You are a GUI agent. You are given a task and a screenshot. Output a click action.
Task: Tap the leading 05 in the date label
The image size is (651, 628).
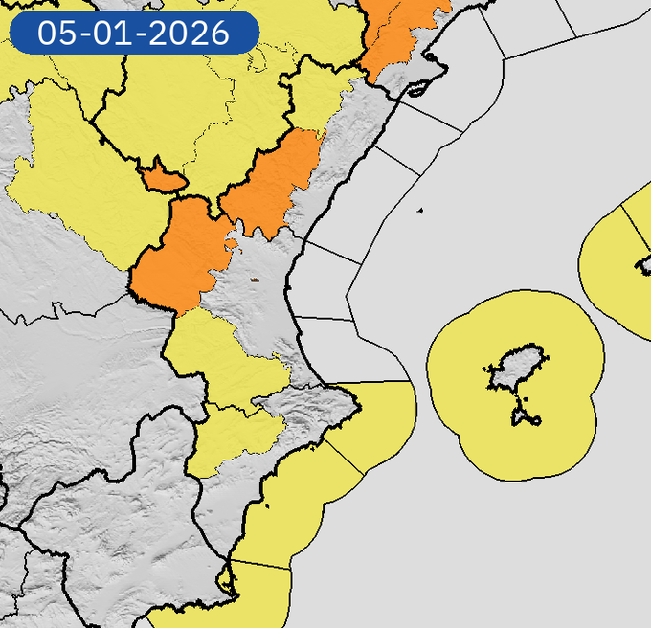tap(55, 34)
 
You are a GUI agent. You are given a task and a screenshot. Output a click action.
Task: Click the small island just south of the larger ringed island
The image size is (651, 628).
tap(526, 415)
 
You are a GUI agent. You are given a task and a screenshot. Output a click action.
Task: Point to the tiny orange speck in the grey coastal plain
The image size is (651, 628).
tap(255, 280)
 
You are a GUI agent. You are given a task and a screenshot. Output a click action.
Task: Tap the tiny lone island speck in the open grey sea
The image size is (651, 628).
tap(420, 211)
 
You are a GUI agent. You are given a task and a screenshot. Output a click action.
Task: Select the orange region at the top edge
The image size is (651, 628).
tap(400, 34)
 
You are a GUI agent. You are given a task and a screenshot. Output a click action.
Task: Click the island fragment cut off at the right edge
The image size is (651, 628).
tap(644, 265)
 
